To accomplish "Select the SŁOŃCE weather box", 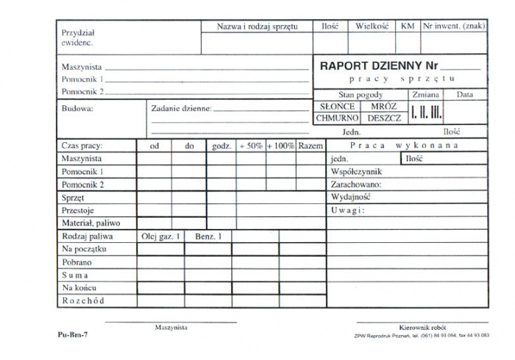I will click(x=337, y=106).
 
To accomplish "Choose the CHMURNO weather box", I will click(x=337, y=118).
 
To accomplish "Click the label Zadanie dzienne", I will click(x=181, y=108).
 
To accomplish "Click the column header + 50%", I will click(x=250, y=146).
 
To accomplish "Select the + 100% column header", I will click(x=280, y=146).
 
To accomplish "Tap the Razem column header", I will click(x=311, y=146).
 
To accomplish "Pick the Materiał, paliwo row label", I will click(x=90, y=222).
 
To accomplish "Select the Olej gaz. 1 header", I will click(x=160, y=236).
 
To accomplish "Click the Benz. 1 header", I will click(x=208, y=236).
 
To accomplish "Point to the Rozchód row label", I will click(x=83, y=300).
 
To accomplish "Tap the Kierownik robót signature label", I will click(x=422, y=327).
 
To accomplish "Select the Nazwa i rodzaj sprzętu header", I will click(x=257, y=27).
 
